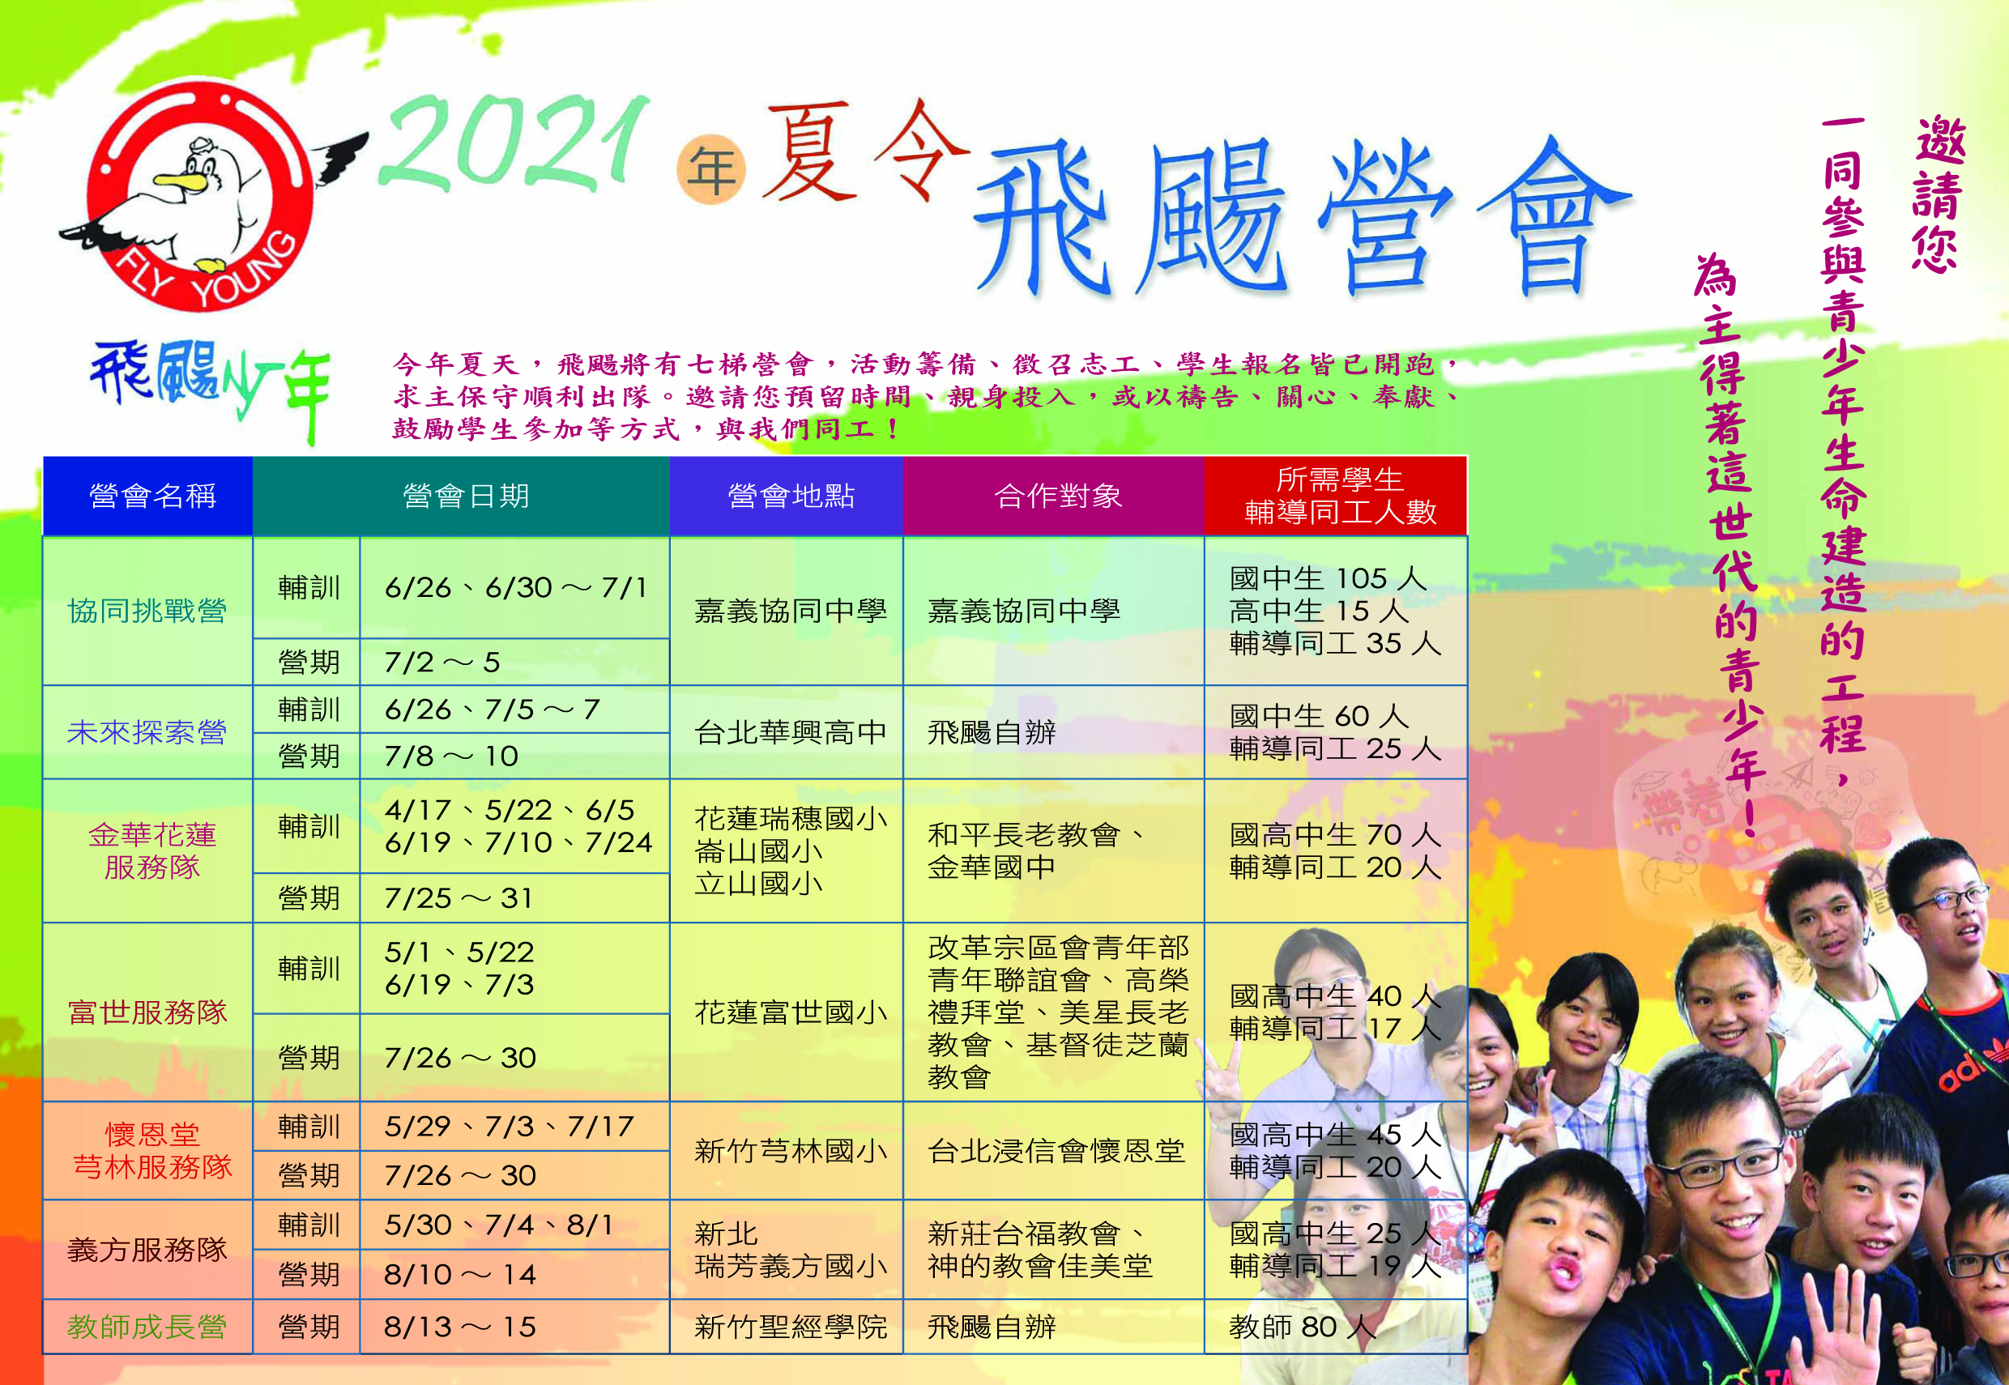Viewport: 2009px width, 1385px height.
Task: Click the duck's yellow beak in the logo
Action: [x=181, y=181]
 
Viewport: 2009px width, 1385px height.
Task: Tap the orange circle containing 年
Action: [x=710, y=170]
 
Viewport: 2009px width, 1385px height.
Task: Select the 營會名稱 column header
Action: [x=151, y=496]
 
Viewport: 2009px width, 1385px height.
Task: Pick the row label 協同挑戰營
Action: [x=147, y=611]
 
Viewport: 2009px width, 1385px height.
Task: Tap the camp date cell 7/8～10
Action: [x=451, y=756]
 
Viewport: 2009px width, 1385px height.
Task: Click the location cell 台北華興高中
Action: [x=791, y=732]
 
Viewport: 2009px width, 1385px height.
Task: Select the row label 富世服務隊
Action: [x=147, y=1012]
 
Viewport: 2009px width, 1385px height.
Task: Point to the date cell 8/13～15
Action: [x=460, y=1327]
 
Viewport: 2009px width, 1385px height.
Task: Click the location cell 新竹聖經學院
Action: [x=791, y=1327]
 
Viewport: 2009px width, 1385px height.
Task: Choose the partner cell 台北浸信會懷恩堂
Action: [x=1056, y=1151]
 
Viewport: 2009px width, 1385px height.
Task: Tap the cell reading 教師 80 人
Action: [x=1302, y=1327]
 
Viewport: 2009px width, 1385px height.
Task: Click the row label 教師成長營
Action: [x=147, y=1327]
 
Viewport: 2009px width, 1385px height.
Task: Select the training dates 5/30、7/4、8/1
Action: [x=499, y=1225]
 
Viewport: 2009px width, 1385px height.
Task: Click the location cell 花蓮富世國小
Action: [x=791, y=1012]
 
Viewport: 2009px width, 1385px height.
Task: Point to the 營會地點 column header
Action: [x=791, y=496]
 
